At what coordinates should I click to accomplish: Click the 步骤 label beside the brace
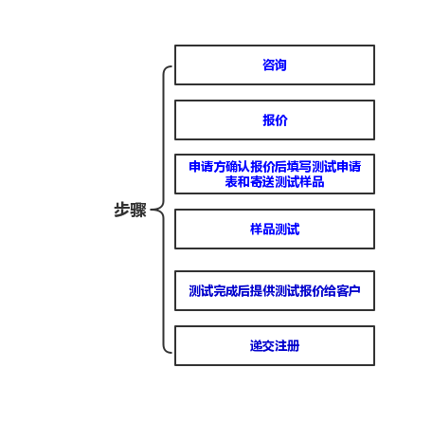[x=130, y=210]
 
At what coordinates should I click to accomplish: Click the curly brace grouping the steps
[x=164, y=210]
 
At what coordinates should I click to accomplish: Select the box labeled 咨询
[x=275, y=65]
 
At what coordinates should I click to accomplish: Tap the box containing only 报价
[x=275, y=120]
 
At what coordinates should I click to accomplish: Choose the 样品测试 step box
[x=275, y=229]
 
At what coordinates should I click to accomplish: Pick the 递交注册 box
[x=275, y=346]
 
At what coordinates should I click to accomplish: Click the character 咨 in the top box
[x=268, y=65]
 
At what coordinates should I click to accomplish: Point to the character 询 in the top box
[x=280, y=65]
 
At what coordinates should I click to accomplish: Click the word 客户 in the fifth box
[x=349, y=291]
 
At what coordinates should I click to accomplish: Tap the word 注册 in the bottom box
[x=287, y=346]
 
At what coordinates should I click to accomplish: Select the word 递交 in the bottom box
[x=262, y=346]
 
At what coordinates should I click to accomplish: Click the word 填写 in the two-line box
[x=299, y=167]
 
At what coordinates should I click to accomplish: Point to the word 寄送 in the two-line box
[x=262, y=182]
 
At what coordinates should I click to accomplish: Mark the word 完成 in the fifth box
[x=225, y=291]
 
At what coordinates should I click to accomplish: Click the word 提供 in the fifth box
[x=262, y=291]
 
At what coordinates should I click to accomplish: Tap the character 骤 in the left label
[x=138, y=210]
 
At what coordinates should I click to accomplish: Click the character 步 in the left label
[x=122, y=210]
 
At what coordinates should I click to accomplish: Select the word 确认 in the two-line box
[x=238, y=167]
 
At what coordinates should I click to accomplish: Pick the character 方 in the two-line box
[x=220, y=167]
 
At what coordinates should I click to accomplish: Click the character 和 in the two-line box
[x=244, y=182]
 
